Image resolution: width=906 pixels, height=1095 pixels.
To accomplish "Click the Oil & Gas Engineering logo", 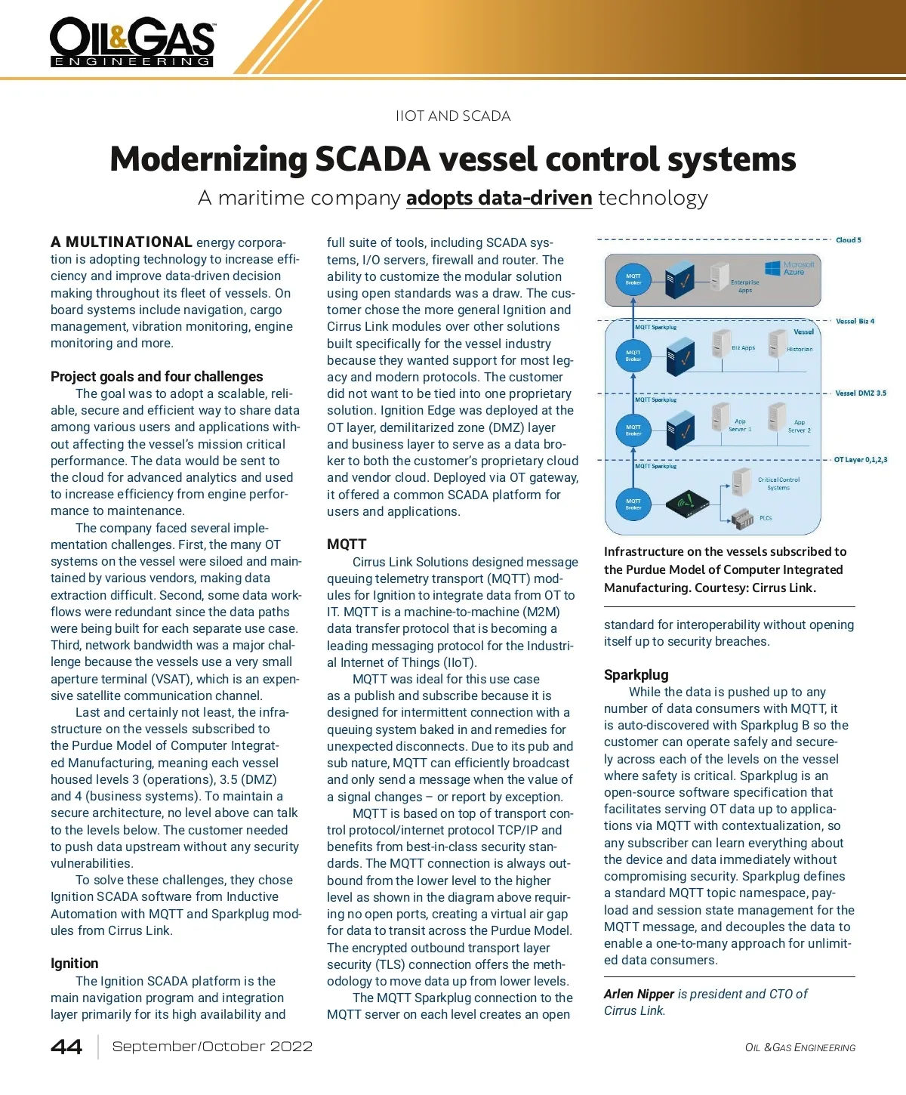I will point(132,42).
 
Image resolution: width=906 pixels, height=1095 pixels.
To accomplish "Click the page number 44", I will point(66,1047).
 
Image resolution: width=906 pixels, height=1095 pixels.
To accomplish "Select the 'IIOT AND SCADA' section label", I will point(453,116).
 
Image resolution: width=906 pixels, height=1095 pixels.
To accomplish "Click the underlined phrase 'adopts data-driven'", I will point(498,198).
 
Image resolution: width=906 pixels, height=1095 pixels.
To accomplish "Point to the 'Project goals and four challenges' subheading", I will point(156,376).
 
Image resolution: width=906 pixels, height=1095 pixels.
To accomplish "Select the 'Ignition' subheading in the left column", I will point(74,963).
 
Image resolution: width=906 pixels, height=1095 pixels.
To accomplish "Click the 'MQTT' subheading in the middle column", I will point(346,544).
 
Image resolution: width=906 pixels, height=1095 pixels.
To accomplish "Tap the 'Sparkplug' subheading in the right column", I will point(636,674).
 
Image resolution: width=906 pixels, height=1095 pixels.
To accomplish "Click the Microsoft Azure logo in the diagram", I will point(790,268).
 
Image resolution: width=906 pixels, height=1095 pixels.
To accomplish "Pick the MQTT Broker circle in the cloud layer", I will point(633,279).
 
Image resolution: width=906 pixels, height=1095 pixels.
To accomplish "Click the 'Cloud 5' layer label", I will point(848,240).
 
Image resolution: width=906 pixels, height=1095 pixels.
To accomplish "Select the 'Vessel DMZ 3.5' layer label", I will point(860,393).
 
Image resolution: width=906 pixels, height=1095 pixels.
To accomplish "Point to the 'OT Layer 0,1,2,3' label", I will point(860,459).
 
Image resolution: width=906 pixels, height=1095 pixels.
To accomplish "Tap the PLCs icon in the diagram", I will point(743,518).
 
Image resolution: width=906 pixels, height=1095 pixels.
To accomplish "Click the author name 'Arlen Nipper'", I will point(639,994).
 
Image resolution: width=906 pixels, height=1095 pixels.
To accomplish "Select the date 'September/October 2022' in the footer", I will point(212,1047).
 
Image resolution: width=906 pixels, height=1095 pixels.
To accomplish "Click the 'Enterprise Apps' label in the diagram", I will point(744,285).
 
